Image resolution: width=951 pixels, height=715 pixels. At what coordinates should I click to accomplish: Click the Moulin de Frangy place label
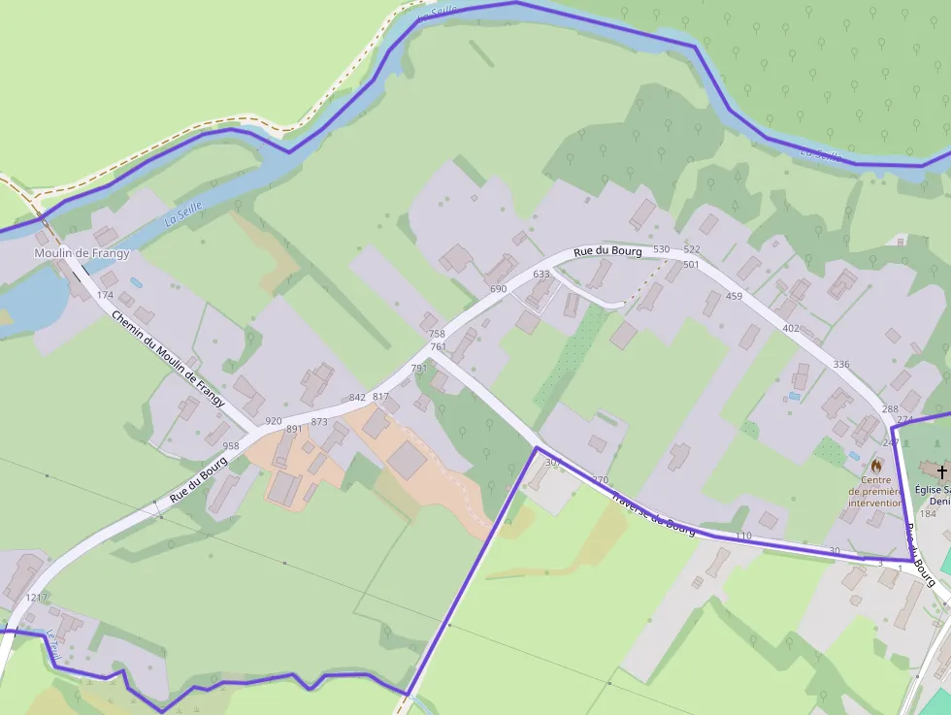pos(82,253)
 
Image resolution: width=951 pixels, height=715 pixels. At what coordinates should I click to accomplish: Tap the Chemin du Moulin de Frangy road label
pos(168,359)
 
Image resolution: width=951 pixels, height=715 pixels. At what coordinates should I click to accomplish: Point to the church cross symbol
pos(941,471)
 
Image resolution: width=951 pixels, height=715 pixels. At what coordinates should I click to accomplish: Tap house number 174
pos(106,295)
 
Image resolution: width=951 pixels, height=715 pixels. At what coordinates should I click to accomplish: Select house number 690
pos(499,289)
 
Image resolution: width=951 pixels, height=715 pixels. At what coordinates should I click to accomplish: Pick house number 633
pos(541,275)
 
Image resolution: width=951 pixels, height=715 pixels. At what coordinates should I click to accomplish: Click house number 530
pos(662,249)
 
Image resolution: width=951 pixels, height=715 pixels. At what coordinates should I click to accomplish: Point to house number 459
pos(734,296)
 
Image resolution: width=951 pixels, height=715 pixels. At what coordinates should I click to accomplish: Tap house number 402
pos(791,328)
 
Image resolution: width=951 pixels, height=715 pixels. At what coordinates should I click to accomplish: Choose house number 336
pos(841,364)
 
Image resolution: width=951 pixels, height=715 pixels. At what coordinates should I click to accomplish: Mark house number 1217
pos(37,598)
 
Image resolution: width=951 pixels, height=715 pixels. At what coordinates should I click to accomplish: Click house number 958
pos(231,446)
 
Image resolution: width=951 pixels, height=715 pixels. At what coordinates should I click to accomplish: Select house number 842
pos(357,397)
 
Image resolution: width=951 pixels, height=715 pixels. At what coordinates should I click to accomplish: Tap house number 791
pos(419,369)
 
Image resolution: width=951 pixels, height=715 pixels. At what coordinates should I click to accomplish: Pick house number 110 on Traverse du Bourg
pos(743,536)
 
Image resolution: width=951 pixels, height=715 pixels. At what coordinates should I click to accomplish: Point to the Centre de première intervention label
pos(875,491)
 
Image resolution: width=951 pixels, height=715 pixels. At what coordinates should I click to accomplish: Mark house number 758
pos(437,334)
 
